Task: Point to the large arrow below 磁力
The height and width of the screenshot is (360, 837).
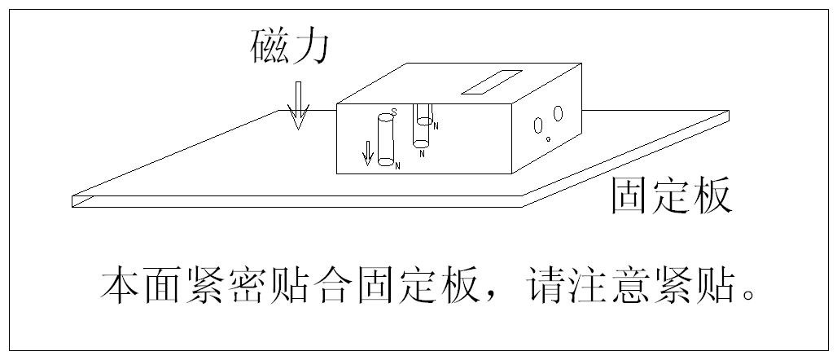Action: [299, 106]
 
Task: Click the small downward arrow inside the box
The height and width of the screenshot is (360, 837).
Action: [368, 152]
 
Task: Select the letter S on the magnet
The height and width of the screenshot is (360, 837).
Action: [393, 112]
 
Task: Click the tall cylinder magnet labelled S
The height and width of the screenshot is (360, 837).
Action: [385, 143]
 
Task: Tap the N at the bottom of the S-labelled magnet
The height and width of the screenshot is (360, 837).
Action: [397, 166]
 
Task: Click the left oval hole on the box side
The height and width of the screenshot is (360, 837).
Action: [538, 125]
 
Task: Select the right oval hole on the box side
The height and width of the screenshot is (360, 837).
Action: [559, 113]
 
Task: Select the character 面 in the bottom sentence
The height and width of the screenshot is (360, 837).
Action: [162, 287]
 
